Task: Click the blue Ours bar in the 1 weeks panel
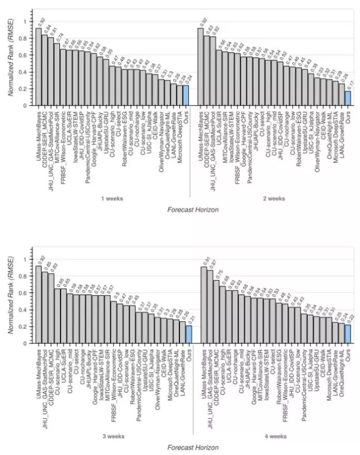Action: (x=186, y=95)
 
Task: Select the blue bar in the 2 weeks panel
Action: (x=348, y=98)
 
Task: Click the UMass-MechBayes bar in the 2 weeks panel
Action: (x=201, y=67)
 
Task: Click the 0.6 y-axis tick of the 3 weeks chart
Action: (x=25, y=293)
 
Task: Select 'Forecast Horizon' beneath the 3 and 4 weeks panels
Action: (x=193, y=447)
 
